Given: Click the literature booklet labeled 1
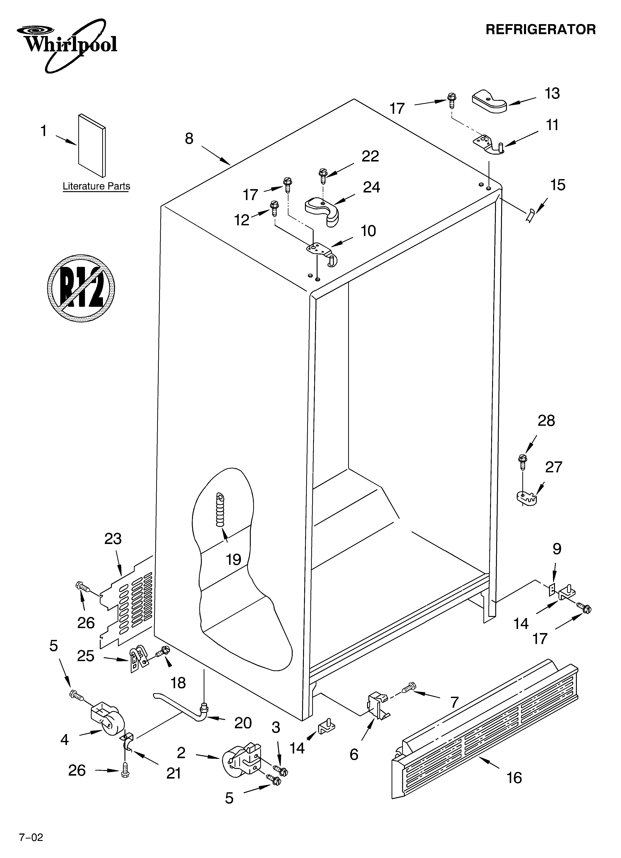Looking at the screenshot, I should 92,146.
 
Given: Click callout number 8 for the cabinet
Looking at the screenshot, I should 189,139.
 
